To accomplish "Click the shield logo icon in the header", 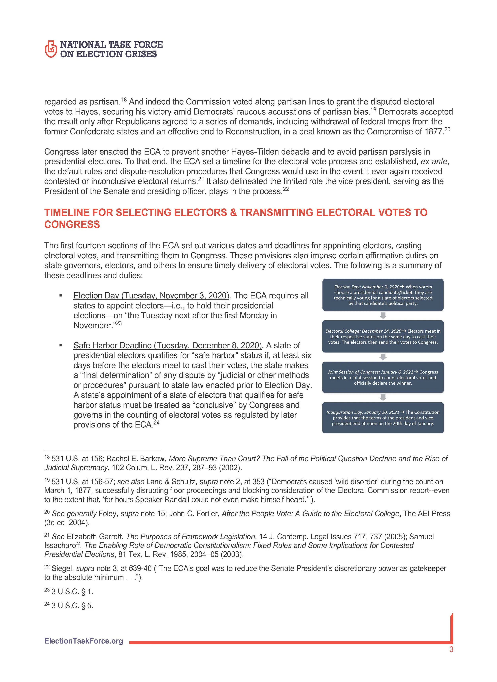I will [x=50, y=49].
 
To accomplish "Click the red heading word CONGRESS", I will [x=72, y=225].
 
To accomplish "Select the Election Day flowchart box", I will [x=383, y=295].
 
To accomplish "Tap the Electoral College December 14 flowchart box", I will [x=383, y=337].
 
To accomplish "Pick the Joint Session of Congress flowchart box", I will [x=383, y=377].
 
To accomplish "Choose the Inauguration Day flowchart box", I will [x=383, y=418].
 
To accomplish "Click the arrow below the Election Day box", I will [x=383, y=315].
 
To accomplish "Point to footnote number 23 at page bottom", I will [x=47, y=590].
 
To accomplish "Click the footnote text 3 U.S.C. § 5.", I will [x=73, y=606].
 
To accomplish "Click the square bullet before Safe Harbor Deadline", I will [x=61, y=345].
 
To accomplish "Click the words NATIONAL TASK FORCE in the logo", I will [x=111, y=45].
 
